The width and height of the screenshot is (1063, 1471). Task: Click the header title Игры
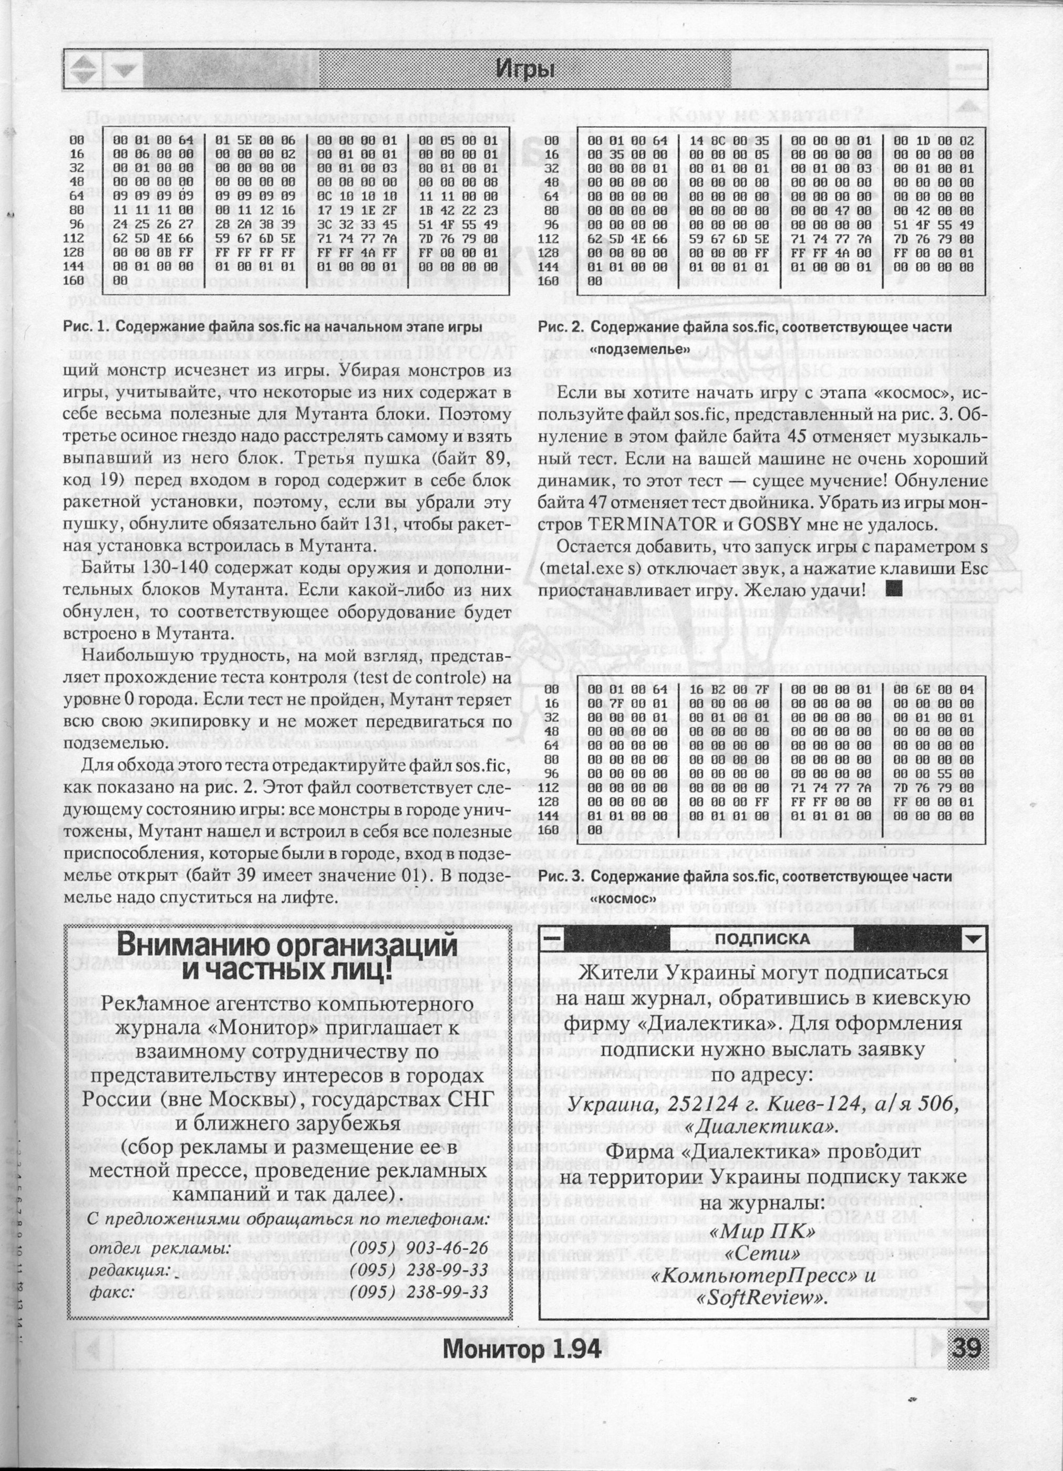tap(525, 68)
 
